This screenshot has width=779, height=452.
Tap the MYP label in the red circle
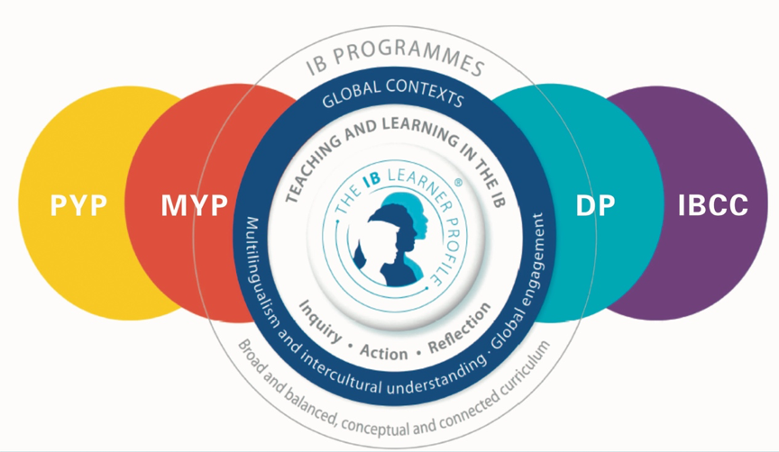point(194,205)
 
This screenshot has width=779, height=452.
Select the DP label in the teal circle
point(596,205)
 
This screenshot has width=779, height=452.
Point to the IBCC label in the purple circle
point(712,205)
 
